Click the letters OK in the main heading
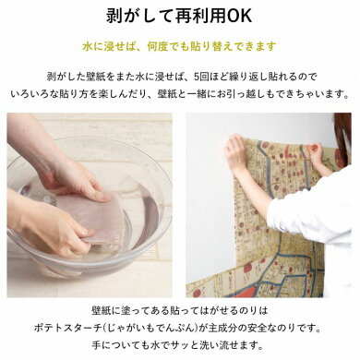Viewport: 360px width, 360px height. click(239, 16)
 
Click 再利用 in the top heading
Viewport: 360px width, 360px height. click(200, 16)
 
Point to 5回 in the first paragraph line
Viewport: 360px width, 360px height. click(202, 77)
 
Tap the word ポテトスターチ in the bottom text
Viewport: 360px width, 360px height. click(67, 329)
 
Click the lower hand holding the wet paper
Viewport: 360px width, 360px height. click(53, 228)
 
